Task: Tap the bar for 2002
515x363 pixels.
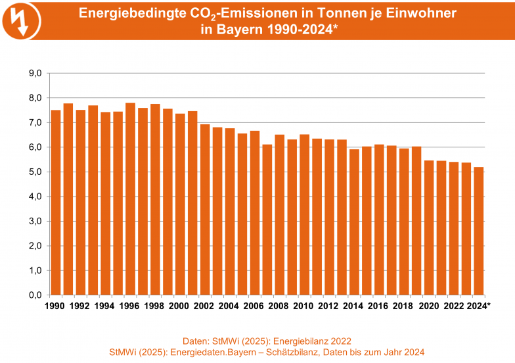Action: pyautogui.click(x=205, y=210)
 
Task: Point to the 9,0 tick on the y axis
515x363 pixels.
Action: pyautogui.click(x=34, y=73)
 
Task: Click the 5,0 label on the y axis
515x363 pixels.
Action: pyautogui.click(x=34, y=172)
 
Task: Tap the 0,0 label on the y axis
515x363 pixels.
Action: pyautogui.click(x=34, y=295)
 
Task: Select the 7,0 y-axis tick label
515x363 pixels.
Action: pyautogui.click(x=34, y=122)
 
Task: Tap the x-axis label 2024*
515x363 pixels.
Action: pyautogui.click(x=480, y=306)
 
